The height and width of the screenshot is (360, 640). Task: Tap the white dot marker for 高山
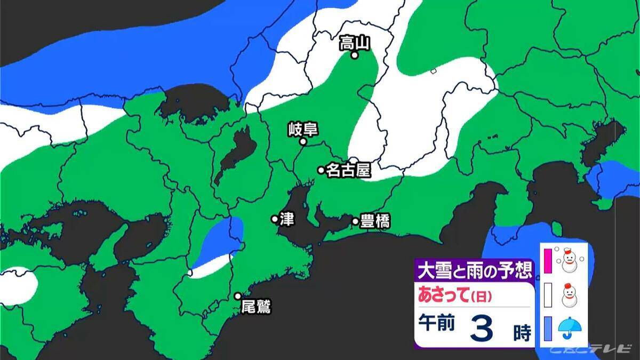pyautogui.click(x=354, y=54)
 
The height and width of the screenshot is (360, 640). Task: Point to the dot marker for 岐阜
pyautogui.click(x=303, y=142)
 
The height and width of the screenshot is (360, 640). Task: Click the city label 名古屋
pyautogui.click(x=348, y=170)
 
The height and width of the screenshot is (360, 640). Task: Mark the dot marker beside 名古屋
pyautogui.click(x=321, y=170)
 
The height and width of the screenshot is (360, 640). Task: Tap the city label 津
pyautogui.click(x=287, y=219)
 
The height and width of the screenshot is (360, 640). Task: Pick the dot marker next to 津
pyautogui.click(x=275, y=219)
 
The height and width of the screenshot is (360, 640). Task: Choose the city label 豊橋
pyautogui.click(x=374, y=221)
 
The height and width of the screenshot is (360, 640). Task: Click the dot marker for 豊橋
pyautogui.click(x=355, y=221)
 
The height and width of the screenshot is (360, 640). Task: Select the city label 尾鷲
pyautogui.click(x=256, y=307)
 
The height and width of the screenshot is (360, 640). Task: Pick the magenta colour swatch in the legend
pyautogui.click(x=547, y=260)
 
